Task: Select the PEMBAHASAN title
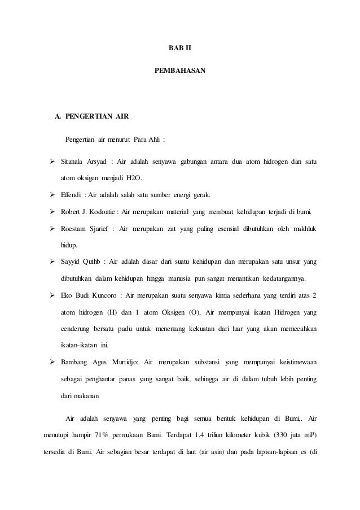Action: tap(180, 72)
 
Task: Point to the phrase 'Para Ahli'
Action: tap(147, 140)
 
